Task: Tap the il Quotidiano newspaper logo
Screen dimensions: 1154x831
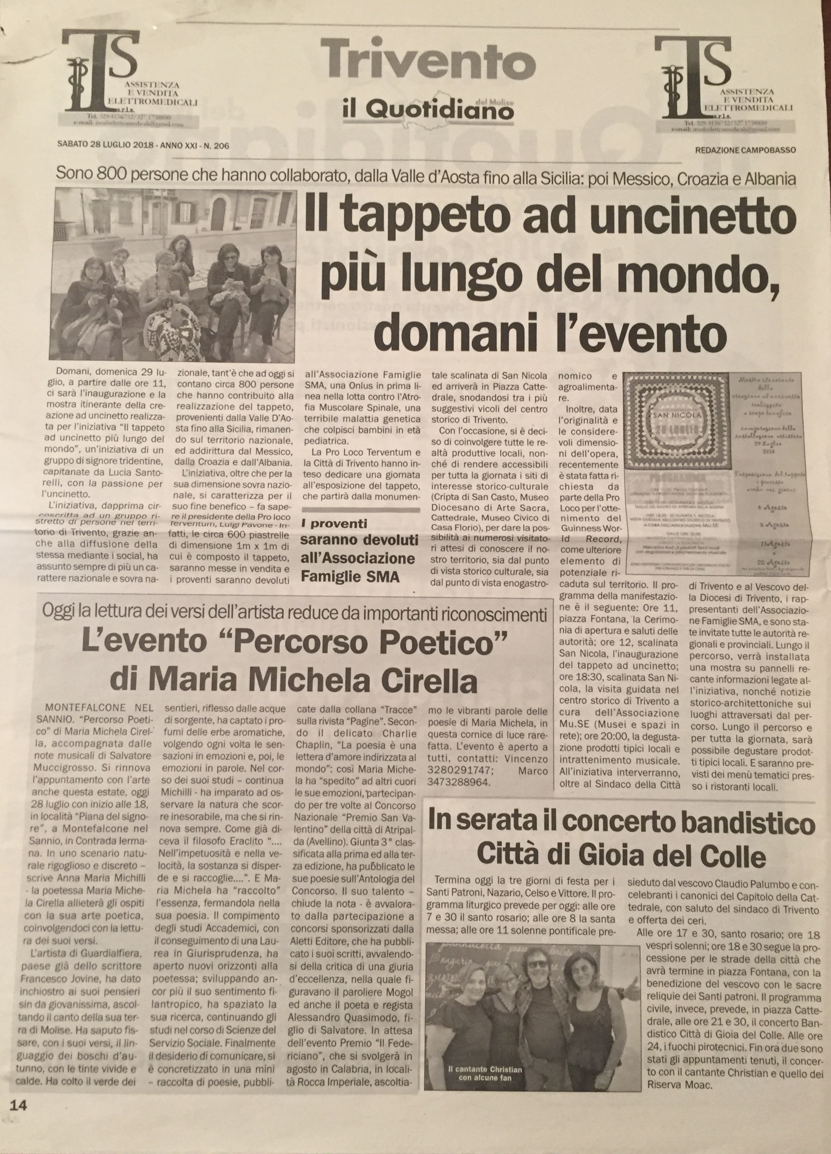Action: tap(422, 108)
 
